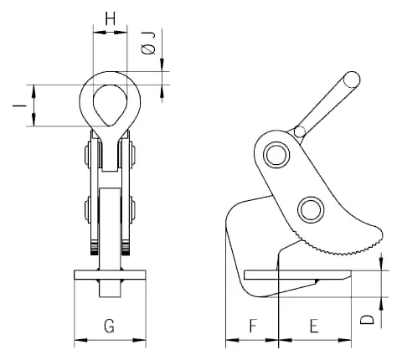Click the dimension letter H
(x=111, y=19)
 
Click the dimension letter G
(x=109, y=326)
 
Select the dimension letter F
(x=253, y=326)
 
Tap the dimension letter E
(x=314, y=326)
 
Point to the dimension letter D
(x=367, y=320)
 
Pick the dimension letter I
(x=19, y=105)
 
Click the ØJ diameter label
(x=148, y=43)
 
